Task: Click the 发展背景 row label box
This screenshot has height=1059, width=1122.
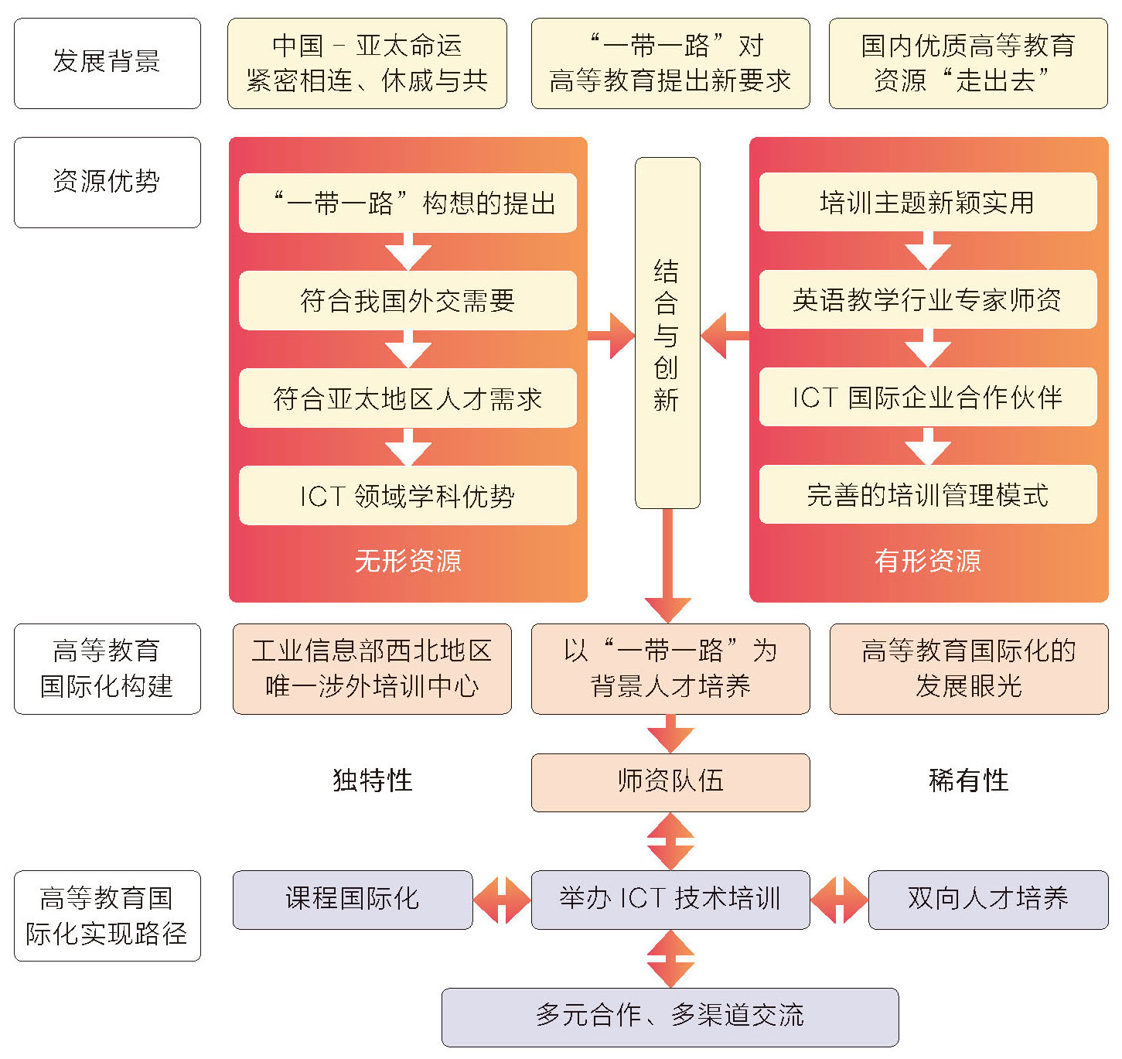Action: coord(107,63)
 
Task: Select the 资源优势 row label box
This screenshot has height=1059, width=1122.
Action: coord(107,183)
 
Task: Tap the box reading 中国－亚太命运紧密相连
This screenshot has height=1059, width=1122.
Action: coord(367,63)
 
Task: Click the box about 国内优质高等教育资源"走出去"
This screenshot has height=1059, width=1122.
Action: coord(968,63)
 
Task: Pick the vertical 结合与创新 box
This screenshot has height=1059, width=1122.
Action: coord(667,333)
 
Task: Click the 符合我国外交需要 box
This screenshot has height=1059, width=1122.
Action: coord(408,300)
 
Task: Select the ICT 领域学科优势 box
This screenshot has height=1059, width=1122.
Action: coord(408,495)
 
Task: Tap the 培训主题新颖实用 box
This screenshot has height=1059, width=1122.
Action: coord(927,202)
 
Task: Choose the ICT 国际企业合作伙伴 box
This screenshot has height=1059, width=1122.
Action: coord(927,397)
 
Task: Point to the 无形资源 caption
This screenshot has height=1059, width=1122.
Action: coord(408,560)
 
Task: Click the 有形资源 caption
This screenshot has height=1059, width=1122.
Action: coord(927,560)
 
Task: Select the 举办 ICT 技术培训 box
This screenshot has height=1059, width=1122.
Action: coord(670,900)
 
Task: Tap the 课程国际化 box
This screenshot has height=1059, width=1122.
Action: coord(353,900)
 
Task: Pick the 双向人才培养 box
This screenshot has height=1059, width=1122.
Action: coord(987,900)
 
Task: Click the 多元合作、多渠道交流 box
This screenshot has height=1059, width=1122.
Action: coord(670,1016)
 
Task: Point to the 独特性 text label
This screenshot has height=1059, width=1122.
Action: coord(372,781)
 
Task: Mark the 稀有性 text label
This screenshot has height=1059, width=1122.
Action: coord(968,781)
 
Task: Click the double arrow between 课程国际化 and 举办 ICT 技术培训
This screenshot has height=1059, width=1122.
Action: coord(502,900)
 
